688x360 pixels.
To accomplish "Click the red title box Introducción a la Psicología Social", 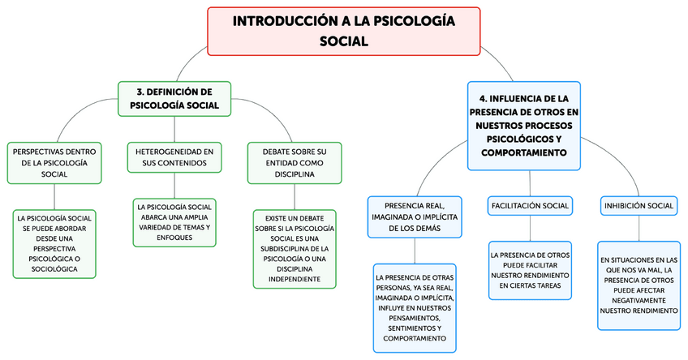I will [x=343, y=31].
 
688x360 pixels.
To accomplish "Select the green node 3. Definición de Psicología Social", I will [x=174, y=98].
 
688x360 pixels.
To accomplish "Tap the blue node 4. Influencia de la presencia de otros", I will [x=524, y=125].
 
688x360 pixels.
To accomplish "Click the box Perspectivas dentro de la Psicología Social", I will [x=54, y=162].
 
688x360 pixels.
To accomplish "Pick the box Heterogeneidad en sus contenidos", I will [x=174, y=156].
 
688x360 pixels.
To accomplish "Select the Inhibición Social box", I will [x=639, y=206].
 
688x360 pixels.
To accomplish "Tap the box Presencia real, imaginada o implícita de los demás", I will [x=415, y=216].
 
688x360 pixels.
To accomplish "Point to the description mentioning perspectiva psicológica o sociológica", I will [x=54, y=243].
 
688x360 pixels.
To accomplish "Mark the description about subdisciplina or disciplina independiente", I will [x=294, y=249].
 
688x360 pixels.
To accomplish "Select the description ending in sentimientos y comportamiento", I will [x=415, y=307].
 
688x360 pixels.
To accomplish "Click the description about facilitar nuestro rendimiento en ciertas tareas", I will [x=530, y=270].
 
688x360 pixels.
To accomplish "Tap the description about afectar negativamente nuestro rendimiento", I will [x=639, y=285].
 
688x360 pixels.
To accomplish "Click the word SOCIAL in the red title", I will [x=343, y=41].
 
